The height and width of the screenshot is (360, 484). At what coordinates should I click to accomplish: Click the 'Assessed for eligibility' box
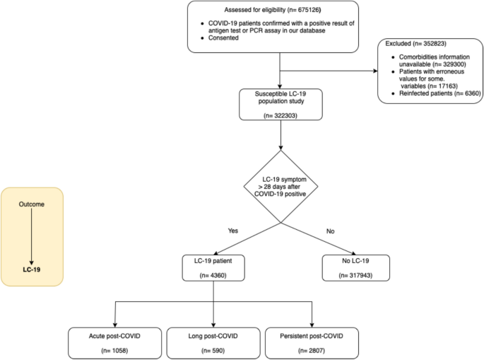281,27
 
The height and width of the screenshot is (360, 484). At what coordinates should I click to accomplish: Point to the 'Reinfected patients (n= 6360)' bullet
435,92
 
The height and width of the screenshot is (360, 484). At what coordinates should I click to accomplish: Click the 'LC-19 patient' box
213,267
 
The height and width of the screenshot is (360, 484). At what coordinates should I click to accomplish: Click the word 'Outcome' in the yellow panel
31,205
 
